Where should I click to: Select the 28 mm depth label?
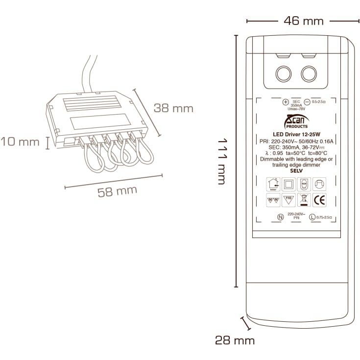point(235,340)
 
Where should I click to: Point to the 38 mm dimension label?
point(173,108)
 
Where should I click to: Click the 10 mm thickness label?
point(20,142)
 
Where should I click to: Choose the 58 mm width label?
point(117,191)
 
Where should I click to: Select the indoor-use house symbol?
point(272,184)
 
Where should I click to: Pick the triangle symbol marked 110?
point(288,200)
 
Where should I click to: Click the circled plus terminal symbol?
point(286,102)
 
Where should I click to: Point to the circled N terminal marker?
point(280,217)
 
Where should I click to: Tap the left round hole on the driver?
point(283,74)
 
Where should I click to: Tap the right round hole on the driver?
point(309,74)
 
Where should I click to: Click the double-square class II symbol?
point(288,184)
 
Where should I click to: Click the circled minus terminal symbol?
point(307,102)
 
